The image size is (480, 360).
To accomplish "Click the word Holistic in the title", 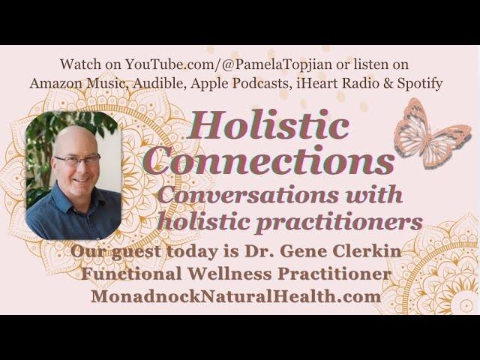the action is (x=268, y=125).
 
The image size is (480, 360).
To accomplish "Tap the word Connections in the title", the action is (x=268, y=161).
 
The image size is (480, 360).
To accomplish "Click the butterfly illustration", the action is (x=432, y=133).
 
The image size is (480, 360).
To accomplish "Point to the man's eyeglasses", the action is (x=77, y=160).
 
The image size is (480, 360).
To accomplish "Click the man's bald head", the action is (x=75, y=141).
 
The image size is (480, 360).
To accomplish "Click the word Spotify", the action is (x=420, y=83).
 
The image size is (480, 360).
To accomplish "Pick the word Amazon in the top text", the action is (x=55, y=83).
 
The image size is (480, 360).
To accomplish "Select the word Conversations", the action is (x=248, y=195).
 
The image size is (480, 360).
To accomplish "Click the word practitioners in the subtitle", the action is (x=339, y=222).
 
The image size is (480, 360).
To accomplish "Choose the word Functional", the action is (x=132, y=274).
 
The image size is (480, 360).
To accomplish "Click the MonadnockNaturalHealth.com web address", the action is (x=236, y=297).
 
